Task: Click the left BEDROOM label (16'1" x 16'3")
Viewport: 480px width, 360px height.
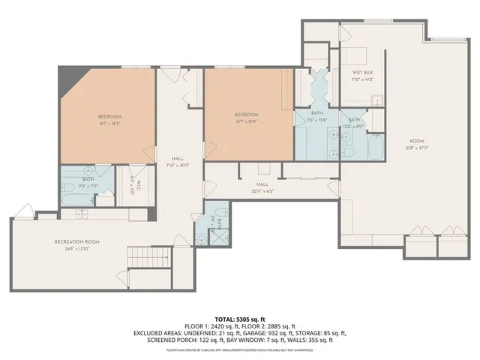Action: click(x=109, y=116)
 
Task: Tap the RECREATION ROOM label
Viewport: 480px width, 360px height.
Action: click(x=77, y=241)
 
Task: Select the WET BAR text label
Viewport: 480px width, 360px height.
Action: click(x=362, y=73)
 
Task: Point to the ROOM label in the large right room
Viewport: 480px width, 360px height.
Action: click(x=415, y=140)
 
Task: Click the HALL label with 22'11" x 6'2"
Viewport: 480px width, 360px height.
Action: click(x=262, y=184)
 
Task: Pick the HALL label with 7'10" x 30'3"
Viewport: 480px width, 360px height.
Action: click(x=178, y=159)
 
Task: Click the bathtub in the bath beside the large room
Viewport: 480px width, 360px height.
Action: click(x=375, y=148)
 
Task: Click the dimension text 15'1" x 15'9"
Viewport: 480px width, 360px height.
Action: click(x=247, y=122)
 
